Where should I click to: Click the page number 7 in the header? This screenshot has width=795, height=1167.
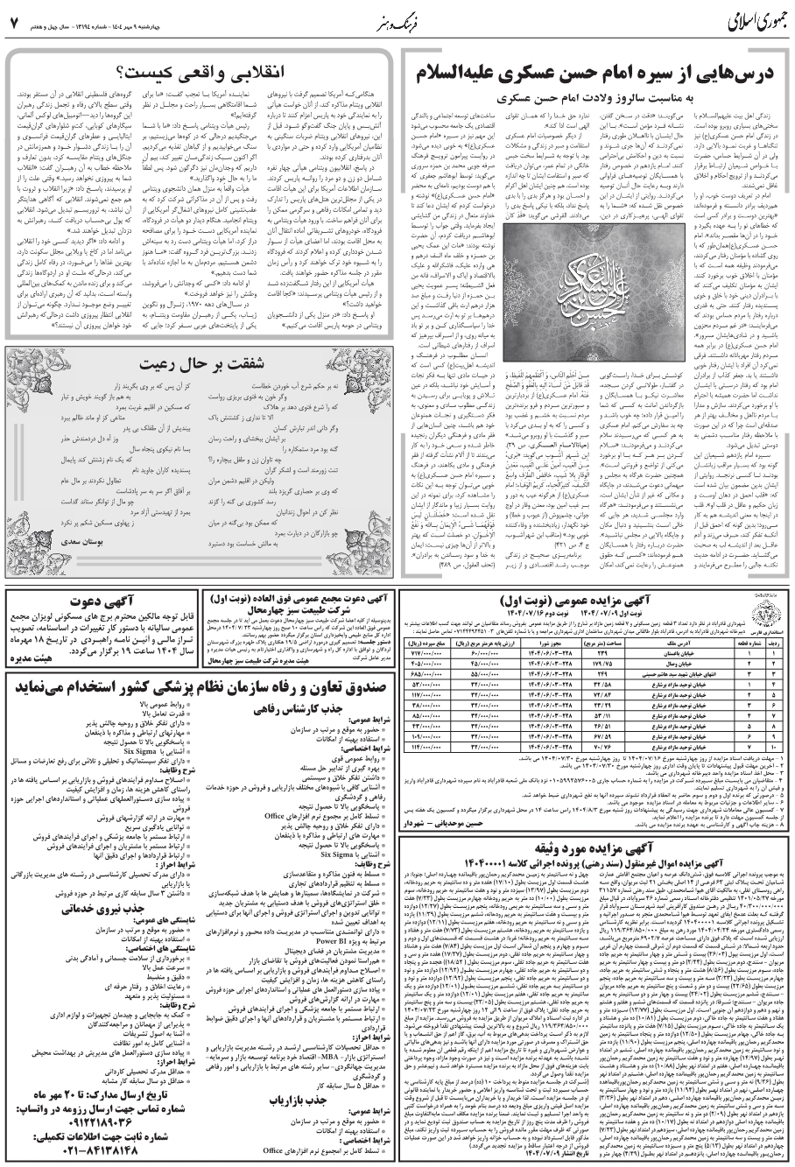(13, 19)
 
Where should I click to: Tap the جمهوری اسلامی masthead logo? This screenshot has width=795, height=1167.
(749, 19)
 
